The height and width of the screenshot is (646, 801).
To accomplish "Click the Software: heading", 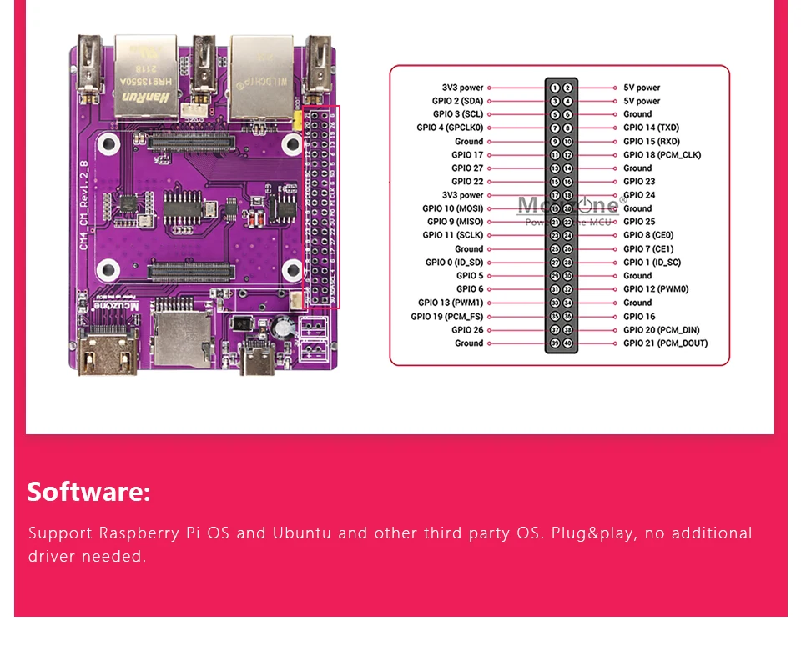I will pos(88,492).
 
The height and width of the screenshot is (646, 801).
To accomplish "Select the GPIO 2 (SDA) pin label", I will pos(457,101).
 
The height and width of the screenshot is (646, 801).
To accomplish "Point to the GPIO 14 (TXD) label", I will pos(651,128).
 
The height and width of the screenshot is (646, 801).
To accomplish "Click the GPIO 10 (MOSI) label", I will pos(452,208).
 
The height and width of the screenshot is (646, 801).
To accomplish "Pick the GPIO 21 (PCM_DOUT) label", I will pos(665,343).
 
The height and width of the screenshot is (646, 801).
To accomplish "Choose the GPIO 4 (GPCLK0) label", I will pos(450,128).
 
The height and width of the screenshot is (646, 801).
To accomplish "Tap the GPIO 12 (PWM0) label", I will pos(655,289).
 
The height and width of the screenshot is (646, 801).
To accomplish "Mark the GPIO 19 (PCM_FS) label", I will pos(446,317).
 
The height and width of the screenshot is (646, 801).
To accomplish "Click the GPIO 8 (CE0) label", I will pos(647,235).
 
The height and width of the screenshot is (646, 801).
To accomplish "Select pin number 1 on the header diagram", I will pos(555,88).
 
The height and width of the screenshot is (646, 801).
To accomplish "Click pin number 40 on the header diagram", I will pos(567,343).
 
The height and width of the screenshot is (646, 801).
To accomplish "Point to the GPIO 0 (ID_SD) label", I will pos(454,263).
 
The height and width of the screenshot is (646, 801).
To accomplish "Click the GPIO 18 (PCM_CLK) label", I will pos(662,155).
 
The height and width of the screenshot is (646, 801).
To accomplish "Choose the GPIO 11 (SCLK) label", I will pos(455,235).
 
